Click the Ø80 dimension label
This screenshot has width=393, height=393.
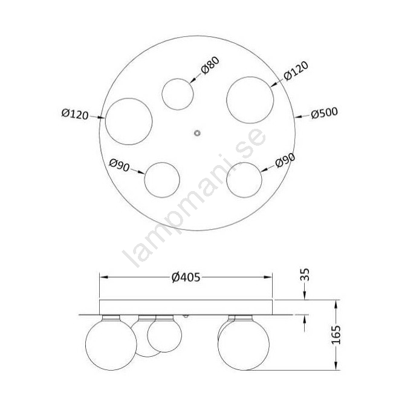210,65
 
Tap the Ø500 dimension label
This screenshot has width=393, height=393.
324,113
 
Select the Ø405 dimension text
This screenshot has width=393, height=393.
186,278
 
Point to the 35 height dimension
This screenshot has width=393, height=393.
305,274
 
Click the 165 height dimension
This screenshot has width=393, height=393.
336,335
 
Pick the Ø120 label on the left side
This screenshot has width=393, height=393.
75,114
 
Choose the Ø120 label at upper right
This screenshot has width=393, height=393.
296,71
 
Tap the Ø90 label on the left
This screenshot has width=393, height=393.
119,165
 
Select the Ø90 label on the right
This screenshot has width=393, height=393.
285,160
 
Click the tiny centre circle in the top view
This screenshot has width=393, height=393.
198,133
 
